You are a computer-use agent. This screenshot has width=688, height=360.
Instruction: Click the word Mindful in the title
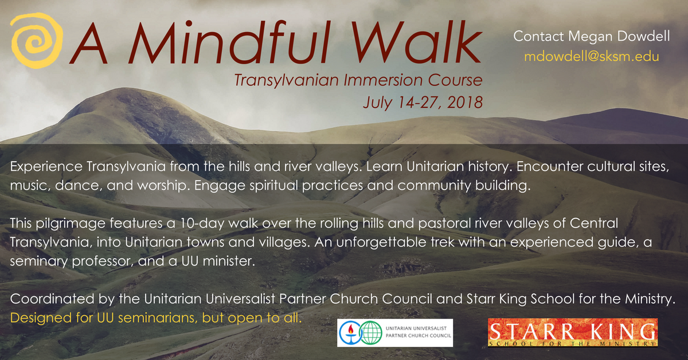229,42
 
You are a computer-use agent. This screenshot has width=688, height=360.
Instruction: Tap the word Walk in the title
416,42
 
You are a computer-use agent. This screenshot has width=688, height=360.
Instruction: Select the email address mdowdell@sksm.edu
592,57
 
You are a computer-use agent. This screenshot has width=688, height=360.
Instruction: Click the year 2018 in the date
465,102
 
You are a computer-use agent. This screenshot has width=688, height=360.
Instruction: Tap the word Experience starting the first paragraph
46,167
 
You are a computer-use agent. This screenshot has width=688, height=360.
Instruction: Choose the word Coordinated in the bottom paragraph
52,299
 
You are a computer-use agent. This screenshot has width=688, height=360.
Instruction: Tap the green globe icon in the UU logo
371,332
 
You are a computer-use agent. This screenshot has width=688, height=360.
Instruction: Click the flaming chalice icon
351,332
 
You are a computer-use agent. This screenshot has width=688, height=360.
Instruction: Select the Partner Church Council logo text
419,332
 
